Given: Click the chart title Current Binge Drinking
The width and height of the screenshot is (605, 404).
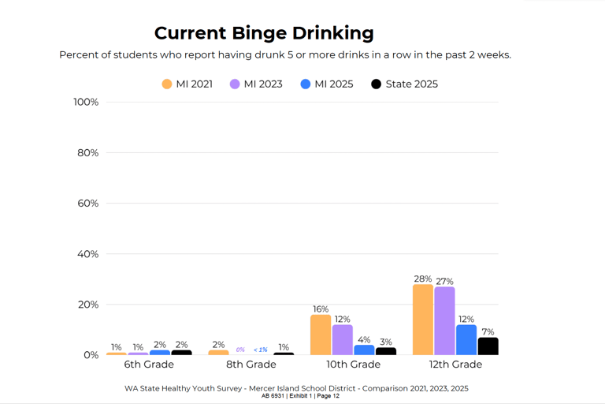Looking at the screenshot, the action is tap(264, 34).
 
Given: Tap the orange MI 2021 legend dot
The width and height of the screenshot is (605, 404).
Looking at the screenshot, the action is tap(167, 84).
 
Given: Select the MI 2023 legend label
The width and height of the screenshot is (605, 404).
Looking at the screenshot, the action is tap(263, 84).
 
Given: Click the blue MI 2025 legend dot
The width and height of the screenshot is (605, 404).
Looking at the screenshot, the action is tap(305, 84).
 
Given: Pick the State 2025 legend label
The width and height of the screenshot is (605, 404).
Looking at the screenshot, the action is tap(412, 84).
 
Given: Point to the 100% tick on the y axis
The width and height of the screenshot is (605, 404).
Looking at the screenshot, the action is tap(86, 102).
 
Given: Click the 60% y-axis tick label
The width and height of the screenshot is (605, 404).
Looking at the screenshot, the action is tap(88, 204).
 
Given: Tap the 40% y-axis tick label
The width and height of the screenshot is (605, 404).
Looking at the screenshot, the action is tap(88, 254).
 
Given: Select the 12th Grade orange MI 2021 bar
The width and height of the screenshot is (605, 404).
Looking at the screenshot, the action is tap(423, 320).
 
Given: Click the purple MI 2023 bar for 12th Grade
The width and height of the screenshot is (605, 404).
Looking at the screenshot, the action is tap(444, 321).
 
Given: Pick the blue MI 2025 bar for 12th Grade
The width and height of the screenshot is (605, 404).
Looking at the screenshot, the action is tap(466, 340).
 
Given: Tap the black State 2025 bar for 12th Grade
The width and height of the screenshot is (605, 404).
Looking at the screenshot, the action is tap(488, 346).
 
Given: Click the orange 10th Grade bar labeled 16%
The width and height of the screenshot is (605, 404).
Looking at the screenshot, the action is tap(321, 335).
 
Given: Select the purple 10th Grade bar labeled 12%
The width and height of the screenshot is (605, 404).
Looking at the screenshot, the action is tap(342, 340).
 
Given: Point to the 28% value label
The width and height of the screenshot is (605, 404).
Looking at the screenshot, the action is tap(423, 279).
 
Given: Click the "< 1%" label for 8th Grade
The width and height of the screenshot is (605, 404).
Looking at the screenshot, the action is tap(261, 350).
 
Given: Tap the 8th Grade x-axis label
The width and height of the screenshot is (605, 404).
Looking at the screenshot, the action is tap(251, 365).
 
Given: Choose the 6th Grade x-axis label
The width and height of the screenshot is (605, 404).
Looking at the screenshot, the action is tap(149, 365).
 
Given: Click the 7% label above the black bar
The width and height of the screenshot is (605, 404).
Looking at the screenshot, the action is tap(488, 331).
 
